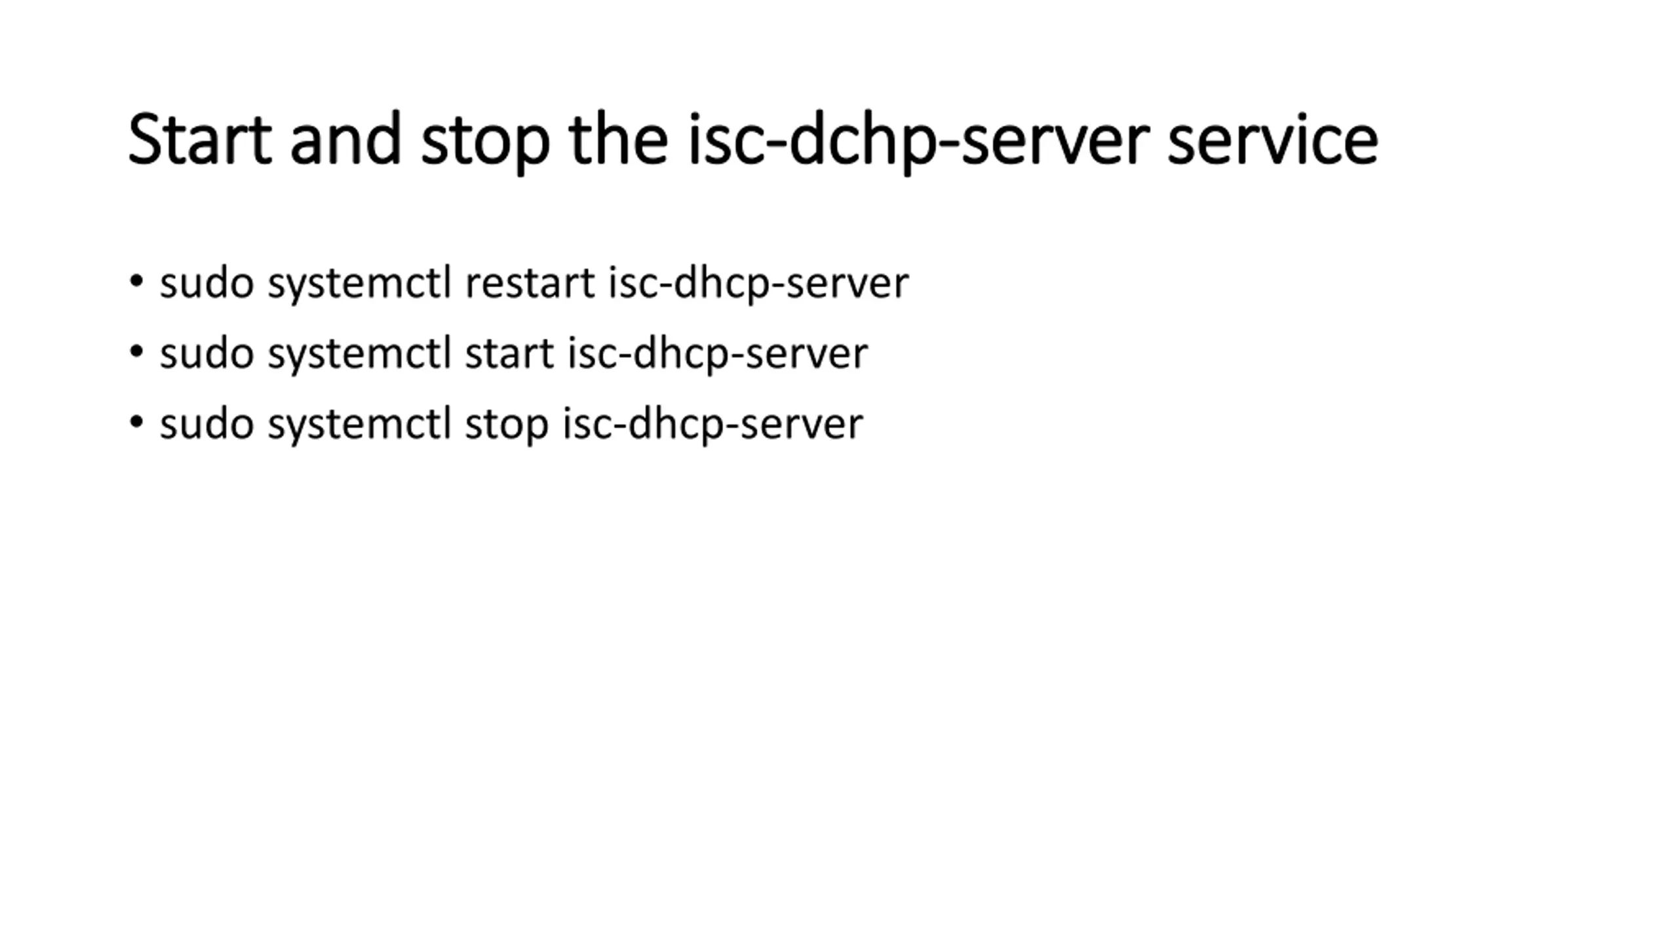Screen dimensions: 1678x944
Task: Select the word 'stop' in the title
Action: (485, 142)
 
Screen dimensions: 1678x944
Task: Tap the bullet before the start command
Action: (136, 352)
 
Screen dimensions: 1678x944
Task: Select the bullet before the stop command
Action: (136, 422)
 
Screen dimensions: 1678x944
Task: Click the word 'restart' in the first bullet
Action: (530, 283)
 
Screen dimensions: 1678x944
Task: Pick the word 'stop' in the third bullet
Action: (506, 425)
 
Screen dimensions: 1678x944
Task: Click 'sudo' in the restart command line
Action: (206, 283)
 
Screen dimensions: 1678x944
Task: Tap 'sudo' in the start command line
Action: (206, 354)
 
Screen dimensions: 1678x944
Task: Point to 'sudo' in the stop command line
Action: (206, 424)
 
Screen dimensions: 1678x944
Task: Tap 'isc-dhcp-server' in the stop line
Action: (713, 425)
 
